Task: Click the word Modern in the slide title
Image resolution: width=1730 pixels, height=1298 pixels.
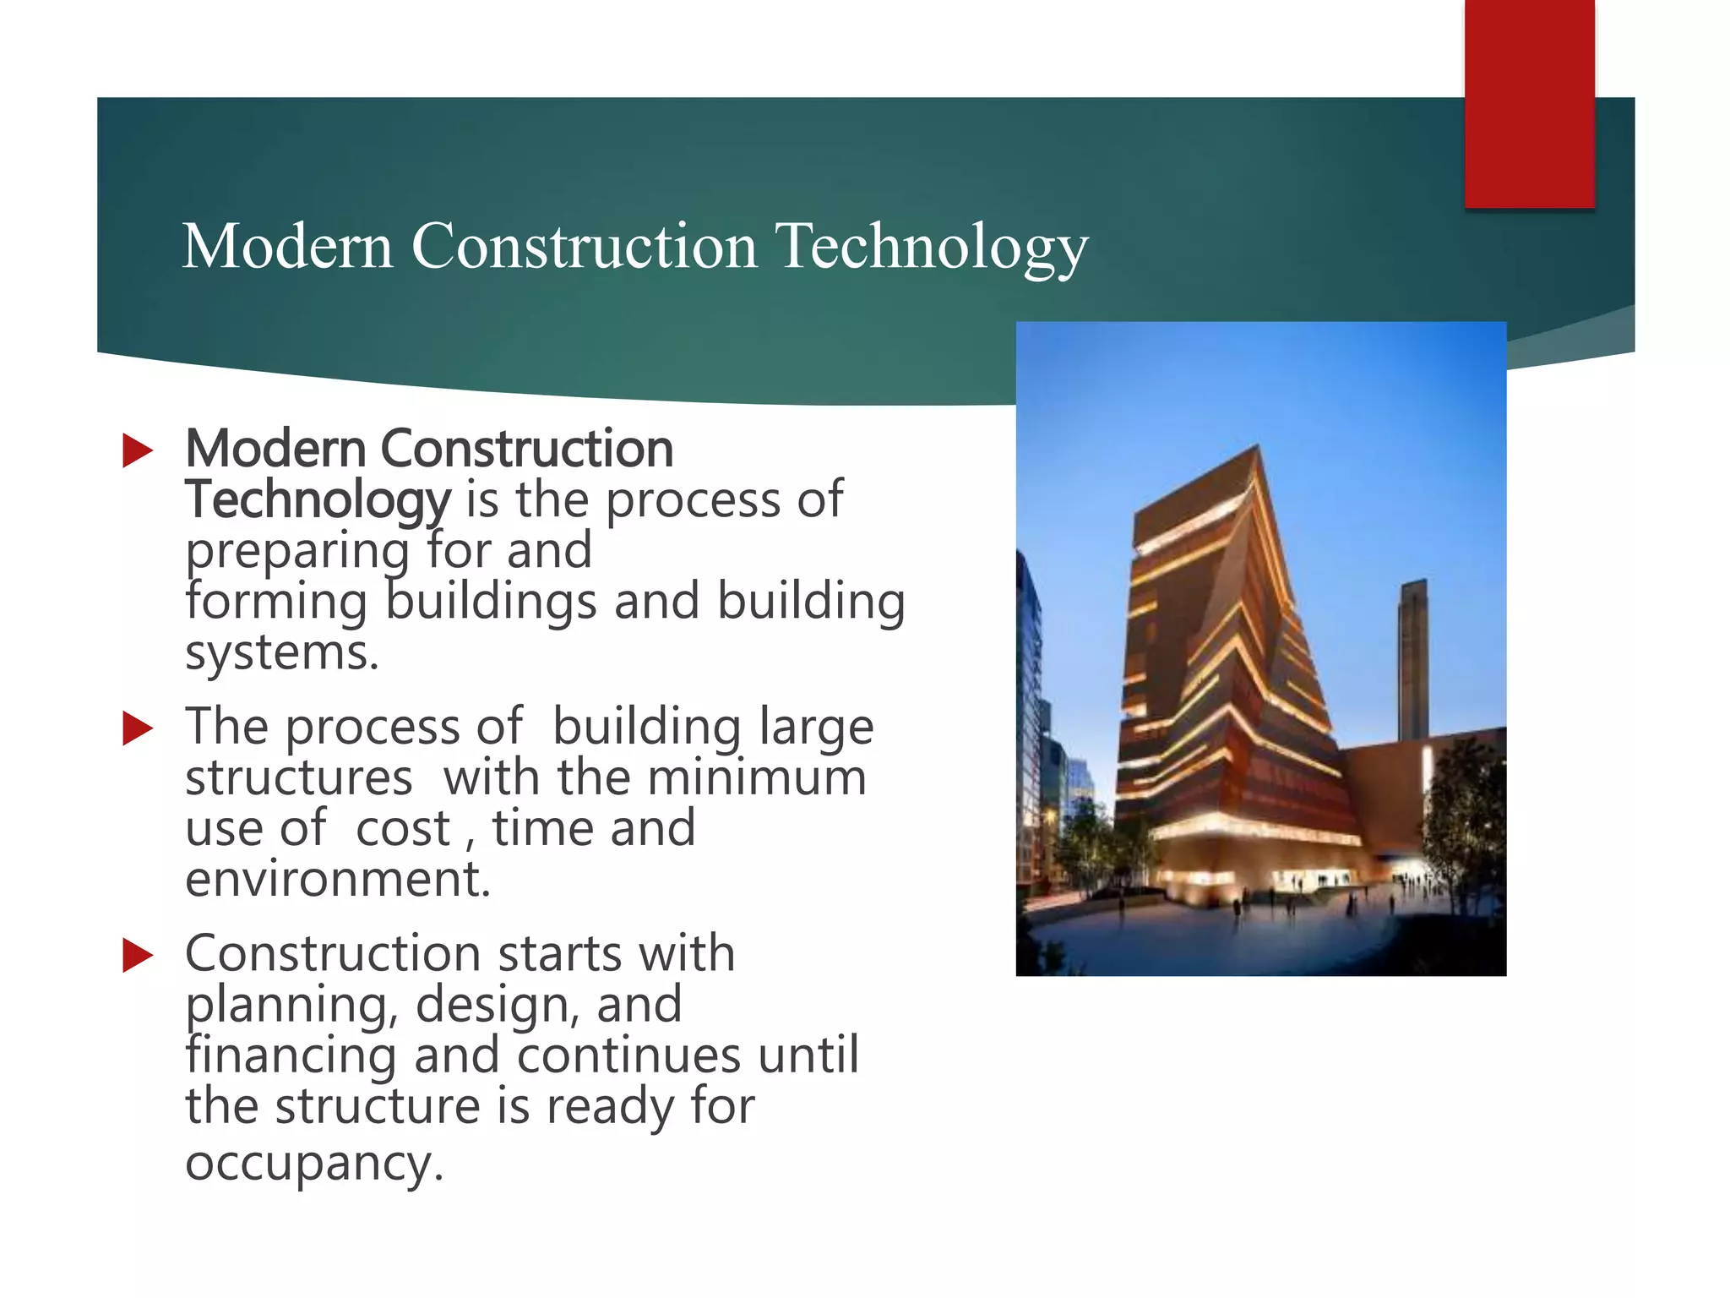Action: (287, 246)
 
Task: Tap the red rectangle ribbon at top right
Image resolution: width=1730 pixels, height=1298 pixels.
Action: (1529, 101)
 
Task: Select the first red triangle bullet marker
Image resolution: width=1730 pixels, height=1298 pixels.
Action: (137, 450)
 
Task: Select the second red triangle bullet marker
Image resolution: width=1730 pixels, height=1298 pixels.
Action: (137, 728)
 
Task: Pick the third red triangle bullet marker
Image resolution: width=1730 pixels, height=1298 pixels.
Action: (137, 955)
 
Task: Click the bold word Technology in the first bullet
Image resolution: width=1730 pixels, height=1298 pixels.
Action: (318, 499)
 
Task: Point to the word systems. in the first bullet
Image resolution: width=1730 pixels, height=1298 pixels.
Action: (282, 652)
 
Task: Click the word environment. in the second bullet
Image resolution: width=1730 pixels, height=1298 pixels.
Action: (338, 879)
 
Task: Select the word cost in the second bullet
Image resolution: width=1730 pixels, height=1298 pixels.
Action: (403, 828)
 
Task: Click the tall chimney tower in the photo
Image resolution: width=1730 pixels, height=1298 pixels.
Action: (1413, 659)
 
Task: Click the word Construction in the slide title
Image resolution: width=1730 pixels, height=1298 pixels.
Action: (585, 246)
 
